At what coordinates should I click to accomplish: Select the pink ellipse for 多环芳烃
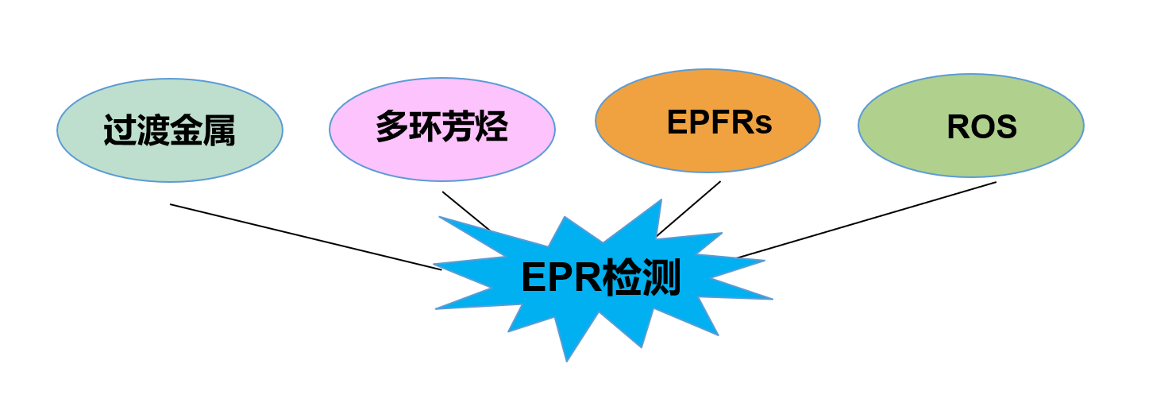click(x=441, y=155)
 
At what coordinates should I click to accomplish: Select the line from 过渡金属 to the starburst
click(x=306, y=237)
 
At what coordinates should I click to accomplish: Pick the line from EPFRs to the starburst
click(x=688, y=208)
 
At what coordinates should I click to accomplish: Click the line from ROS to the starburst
click(x=867, y=219)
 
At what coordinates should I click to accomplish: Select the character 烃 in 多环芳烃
click(x=492, y=127)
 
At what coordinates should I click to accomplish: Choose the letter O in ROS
click(x=982, y=127)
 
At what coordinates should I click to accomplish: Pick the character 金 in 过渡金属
click(x=186, y=130)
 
